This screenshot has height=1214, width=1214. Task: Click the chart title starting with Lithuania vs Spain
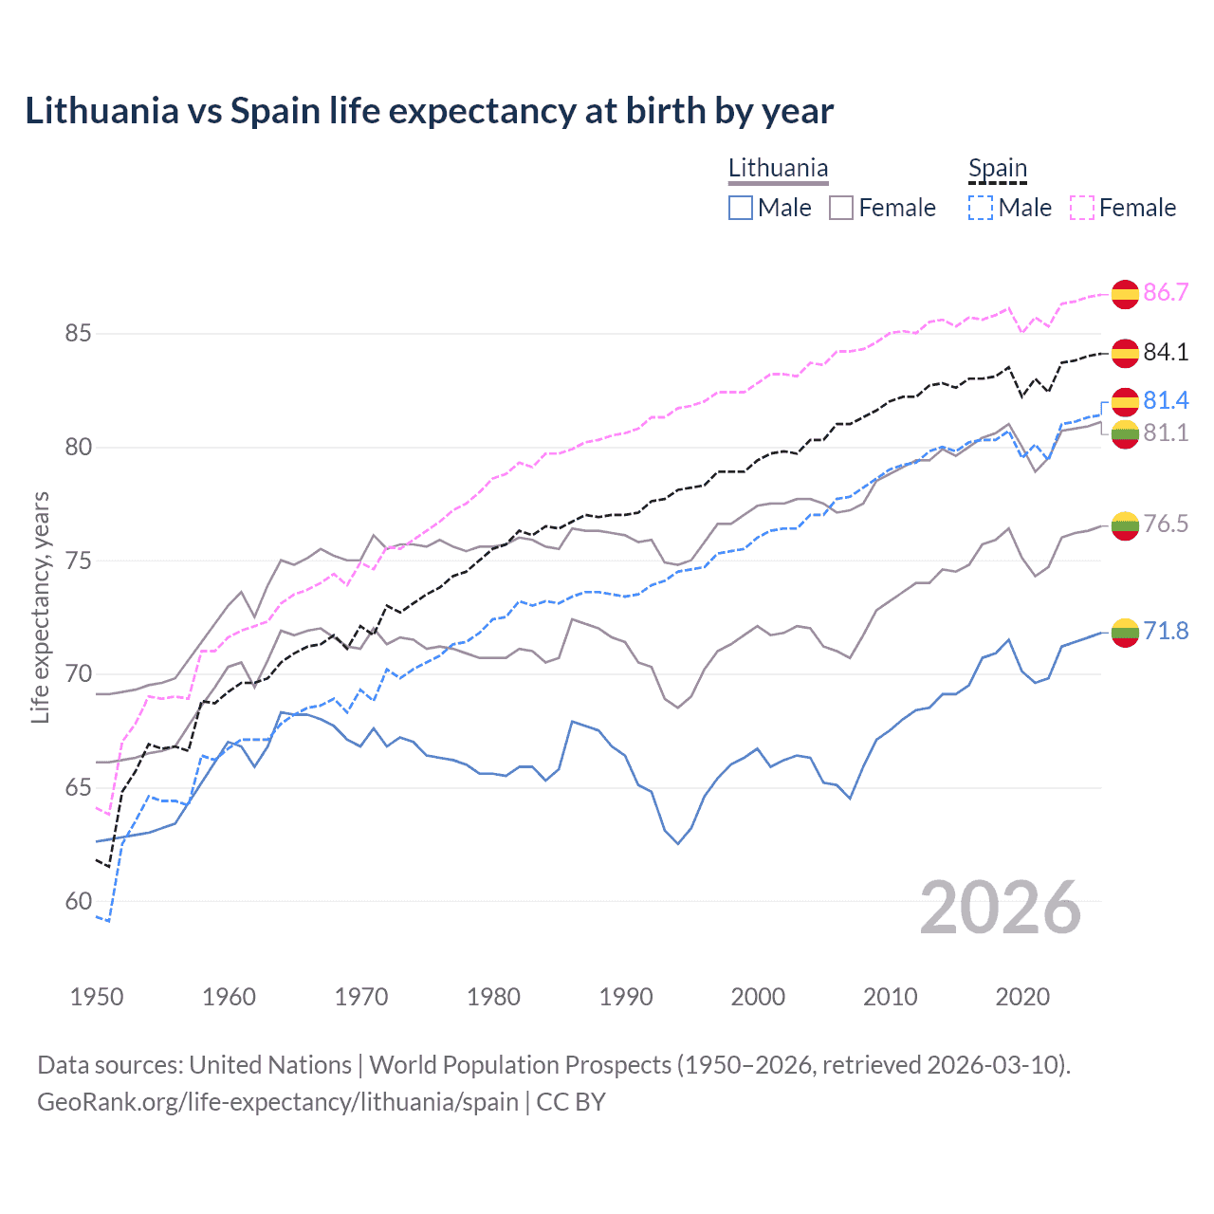click(x=429, y=111)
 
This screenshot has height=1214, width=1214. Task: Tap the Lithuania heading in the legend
click(x=778, y=168)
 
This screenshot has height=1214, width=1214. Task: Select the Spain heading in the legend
click(x=997, y=168)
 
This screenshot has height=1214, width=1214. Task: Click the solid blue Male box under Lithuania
click(x=741, y=208)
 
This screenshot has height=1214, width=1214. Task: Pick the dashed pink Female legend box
click(x=1082, y=208)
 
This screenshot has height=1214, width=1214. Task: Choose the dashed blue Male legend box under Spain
click(x=981, y=208)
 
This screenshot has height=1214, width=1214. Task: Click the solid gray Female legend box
click(x=841, y=208)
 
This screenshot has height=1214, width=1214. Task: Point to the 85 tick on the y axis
click(x=78, y=334)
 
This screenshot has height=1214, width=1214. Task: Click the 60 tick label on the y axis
click(x=78, y=901)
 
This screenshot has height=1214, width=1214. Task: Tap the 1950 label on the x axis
click(x=97, y=997)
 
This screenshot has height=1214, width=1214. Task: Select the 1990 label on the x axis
click(x=626, y=997)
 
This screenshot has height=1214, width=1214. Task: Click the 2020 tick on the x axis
click(x=1022, y=997)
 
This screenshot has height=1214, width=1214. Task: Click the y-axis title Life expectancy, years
click(x=40, y=607)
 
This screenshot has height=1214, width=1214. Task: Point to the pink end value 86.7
click(x=1166, y=292)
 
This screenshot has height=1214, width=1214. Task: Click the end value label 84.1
click(x=1166, y=352)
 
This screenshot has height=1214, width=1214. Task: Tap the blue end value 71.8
click(x=1166, y=631)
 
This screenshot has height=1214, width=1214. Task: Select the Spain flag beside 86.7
click(x=1125, y=294)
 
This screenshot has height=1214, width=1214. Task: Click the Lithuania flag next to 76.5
click(x=1125, y=525)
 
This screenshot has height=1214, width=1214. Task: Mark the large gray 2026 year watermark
click(x=1000, y=908)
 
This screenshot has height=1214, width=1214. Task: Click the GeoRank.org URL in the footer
click(x=277, y=1102)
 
